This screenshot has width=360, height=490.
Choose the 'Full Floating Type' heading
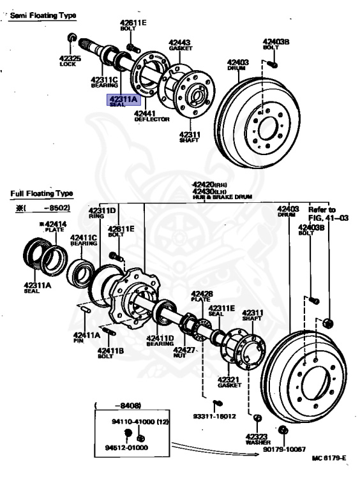point(41,193)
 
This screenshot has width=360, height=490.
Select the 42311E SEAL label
point(221,310)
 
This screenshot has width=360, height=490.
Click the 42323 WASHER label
point(257,438)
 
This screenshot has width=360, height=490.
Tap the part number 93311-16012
point(214,415)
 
